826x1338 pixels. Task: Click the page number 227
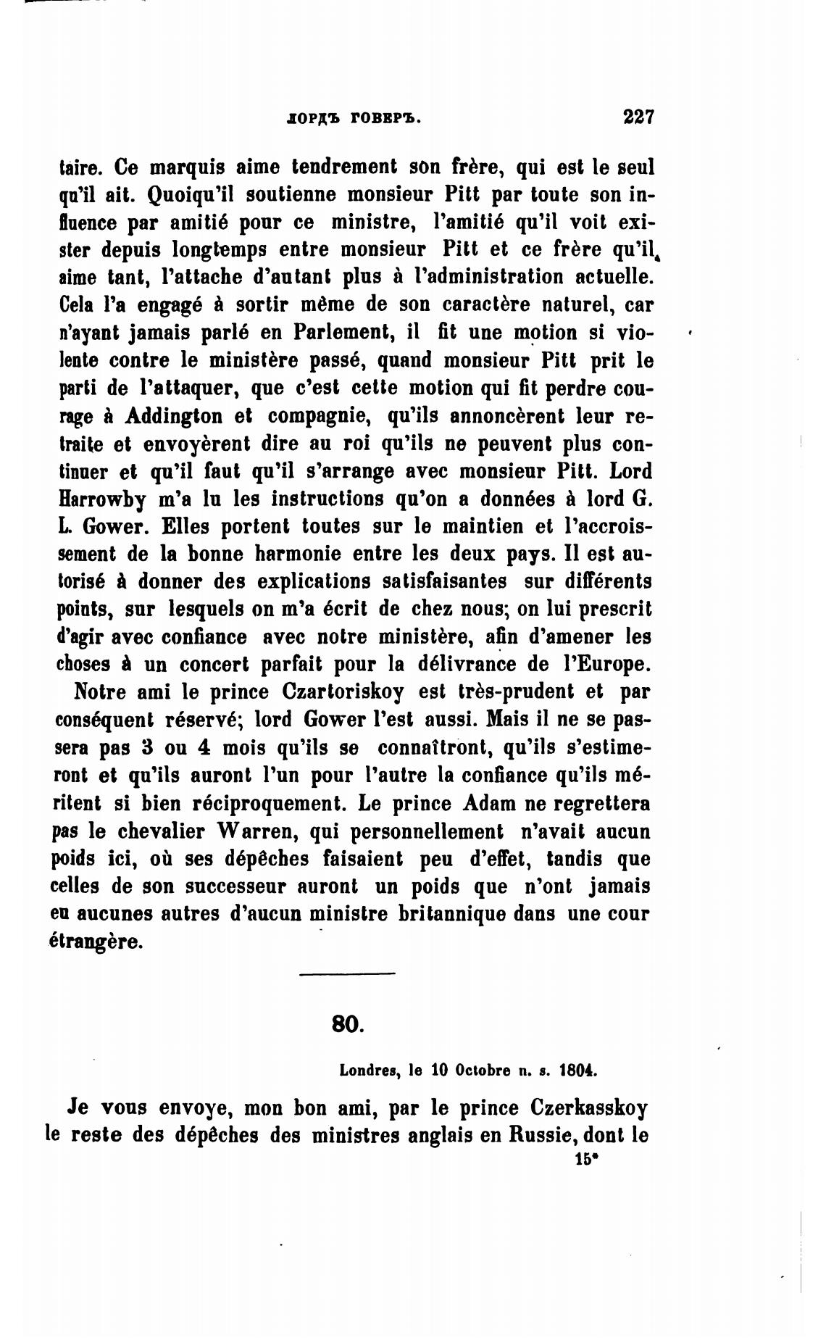point(638,117)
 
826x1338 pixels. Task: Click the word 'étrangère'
point(94,942)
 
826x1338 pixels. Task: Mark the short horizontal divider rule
point(347,973)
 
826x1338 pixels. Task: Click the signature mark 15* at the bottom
point(583,1159)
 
